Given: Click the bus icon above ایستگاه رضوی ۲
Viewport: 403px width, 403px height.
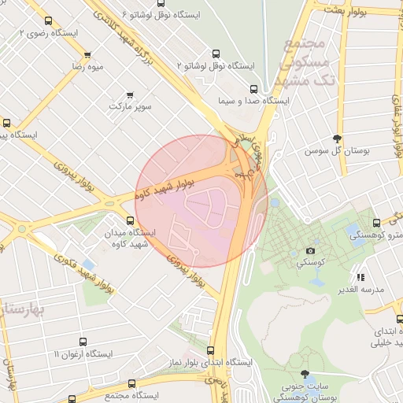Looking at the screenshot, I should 49,21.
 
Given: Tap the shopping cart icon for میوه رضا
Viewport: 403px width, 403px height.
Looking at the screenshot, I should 87,56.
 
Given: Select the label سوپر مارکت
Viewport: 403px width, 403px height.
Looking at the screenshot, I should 130,105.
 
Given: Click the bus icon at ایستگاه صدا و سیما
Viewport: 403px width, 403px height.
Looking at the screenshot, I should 253,89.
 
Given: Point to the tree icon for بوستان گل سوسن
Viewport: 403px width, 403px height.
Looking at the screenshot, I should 337,138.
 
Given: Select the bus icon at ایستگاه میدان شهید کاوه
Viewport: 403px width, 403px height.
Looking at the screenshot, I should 131,221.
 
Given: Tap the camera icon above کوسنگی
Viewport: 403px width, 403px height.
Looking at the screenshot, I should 310,252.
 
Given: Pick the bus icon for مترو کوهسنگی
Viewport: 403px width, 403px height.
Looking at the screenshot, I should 376,223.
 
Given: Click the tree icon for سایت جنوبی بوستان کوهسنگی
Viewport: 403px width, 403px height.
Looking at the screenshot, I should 305,374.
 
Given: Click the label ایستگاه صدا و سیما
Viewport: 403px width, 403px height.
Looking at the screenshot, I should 254,102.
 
